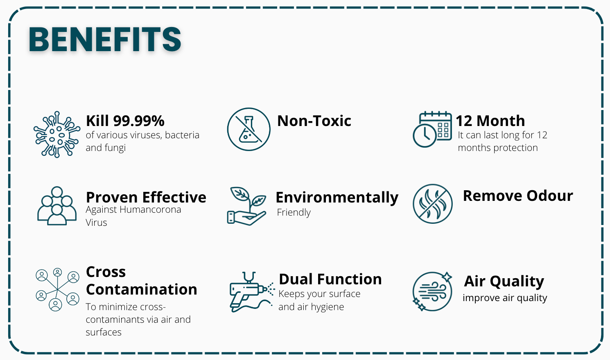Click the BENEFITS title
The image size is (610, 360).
click(x=105, y=39)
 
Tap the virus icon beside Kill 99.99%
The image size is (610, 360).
click(x=57, y=135)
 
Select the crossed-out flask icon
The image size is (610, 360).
click(x=249, y=129)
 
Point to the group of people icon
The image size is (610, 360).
click(x=57, y=206)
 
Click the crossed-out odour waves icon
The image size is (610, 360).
click(x=432, y=204)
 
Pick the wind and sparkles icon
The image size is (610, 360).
click(x=432, y=291)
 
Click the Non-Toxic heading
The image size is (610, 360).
click(x=314, y=121)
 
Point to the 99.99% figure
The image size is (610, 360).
click(x=139, y=121)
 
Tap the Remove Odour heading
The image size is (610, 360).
click(x=518, y=196)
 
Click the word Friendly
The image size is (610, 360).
click(x=294, y=212)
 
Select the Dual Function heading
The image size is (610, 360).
click(x=330, y=279)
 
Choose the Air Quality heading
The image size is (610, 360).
click(x=504, y=281)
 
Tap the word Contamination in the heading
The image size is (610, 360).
click(x=141, y=289)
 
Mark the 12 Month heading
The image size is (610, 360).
click(x=490, y=121)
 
